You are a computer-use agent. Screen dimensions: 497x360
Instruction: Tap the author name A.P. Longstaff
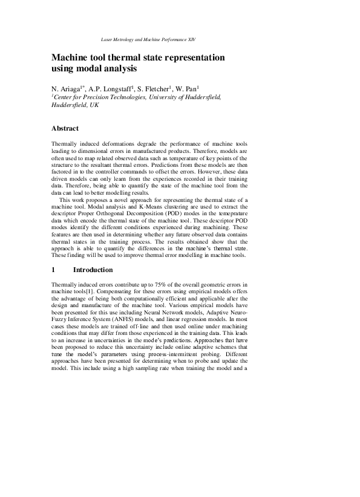click(111, 87)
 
